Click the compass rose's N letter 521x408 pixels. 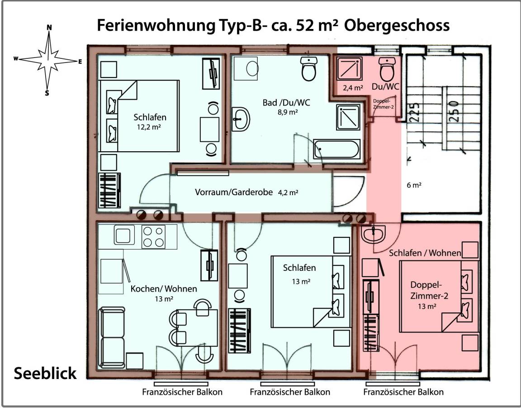49,28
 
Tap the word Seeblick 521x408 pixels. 45,374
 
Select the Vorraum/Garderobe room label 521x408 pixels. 234,192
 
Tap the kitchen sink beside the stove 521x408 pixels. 123,235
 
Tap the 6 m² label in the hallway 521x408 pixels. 414,185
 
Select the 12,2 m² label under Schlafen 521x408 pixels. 149,127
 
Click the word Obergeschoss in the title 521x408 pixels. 397,25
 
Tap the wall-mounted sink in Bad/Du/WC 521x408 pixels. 240,119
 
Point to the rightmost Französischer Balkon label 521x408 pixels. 404,392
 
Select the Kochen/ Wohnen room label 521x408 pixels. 164,288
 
